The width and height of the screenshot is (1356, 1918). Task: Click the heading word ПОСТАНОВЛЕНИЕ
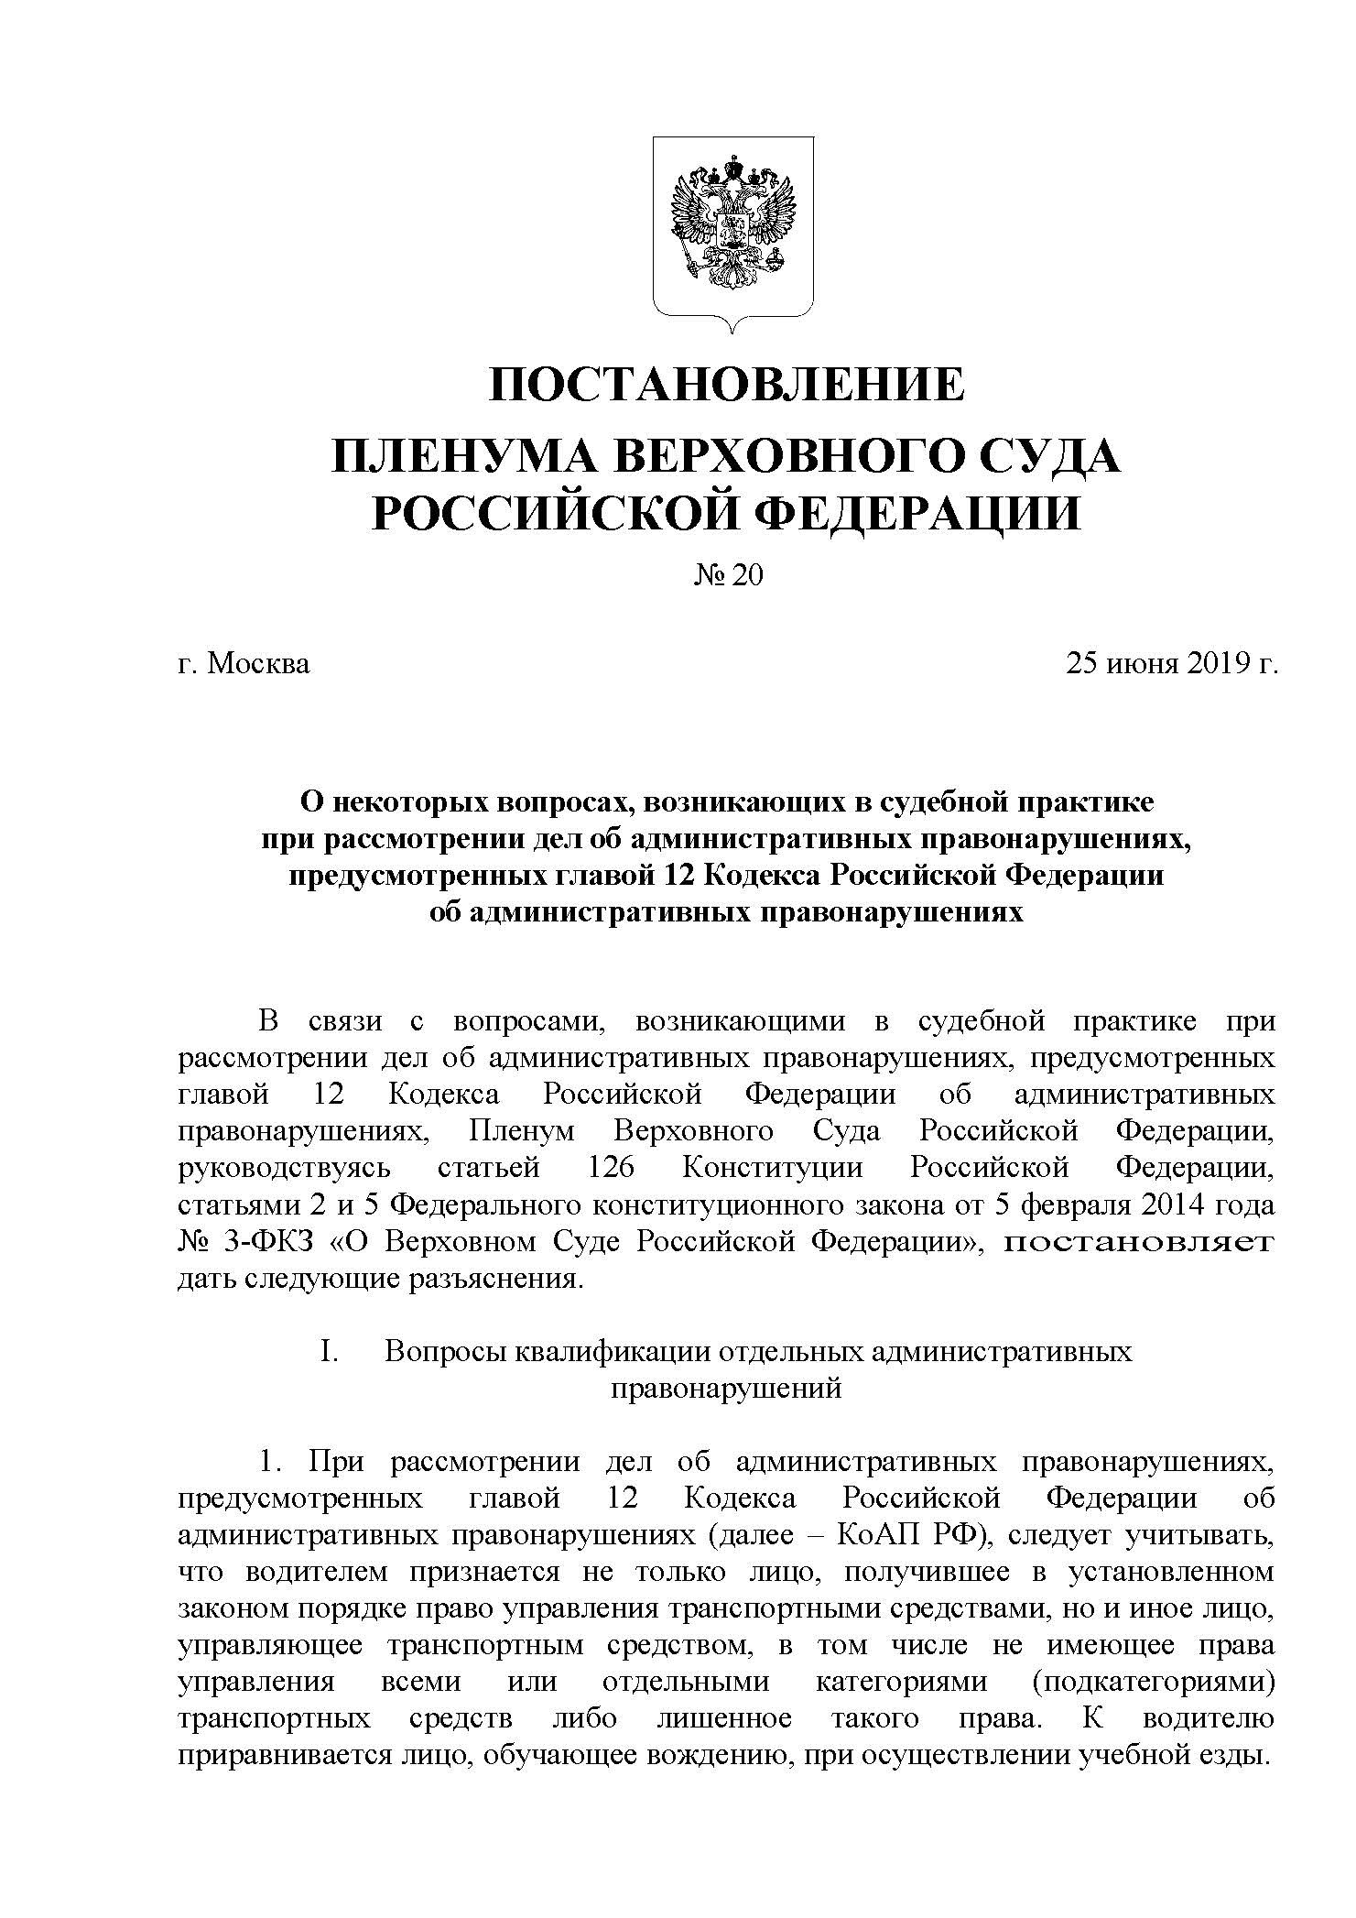point(726,385)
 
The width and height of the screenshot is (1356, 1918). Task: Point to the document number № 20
point(729,574)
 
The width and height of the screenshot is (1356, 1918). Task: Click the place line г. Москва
point(244,662)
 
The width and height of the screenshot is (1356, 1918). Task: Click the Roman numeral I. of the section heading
point(330,1352)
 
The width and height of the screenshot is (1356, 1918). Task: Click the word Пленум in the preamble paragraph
point(521,1132)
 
